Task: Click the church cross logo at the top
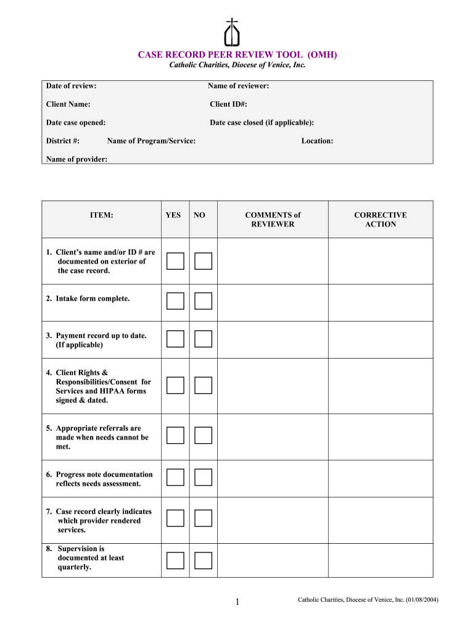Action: click(232, 33)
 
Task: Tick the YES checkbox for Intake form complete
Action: click(175, 301)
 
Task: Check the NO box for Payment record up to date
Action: click(203, 339)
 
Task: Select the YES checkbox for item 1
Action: click(175, 261)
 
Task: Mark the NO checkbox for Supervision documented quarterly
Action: click(203, 560)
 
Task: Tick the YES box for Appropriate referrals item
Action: click(175, 436)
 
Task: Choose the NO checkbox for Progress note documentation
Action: click(203, 477)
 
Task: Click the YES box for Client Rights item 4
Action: click(175, 386)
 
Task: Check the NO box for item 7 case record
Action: click(203, 518)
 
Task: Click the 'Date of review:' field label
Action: click(71, 86)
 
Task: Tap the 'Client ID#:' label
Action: click(228, 104)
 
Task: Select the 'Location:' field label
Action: click(317, 141)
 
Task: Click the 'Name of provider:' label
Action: click(76, 159)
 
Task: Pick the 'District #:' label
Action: click(62, 141)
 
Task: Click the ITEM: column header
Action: click(101, 215)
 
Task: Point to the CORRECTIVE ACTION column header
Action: click(380, 220)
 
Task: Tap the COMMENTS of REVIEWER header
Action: click(273, 220)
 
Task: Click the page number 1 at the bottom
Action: click(237, 602)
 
